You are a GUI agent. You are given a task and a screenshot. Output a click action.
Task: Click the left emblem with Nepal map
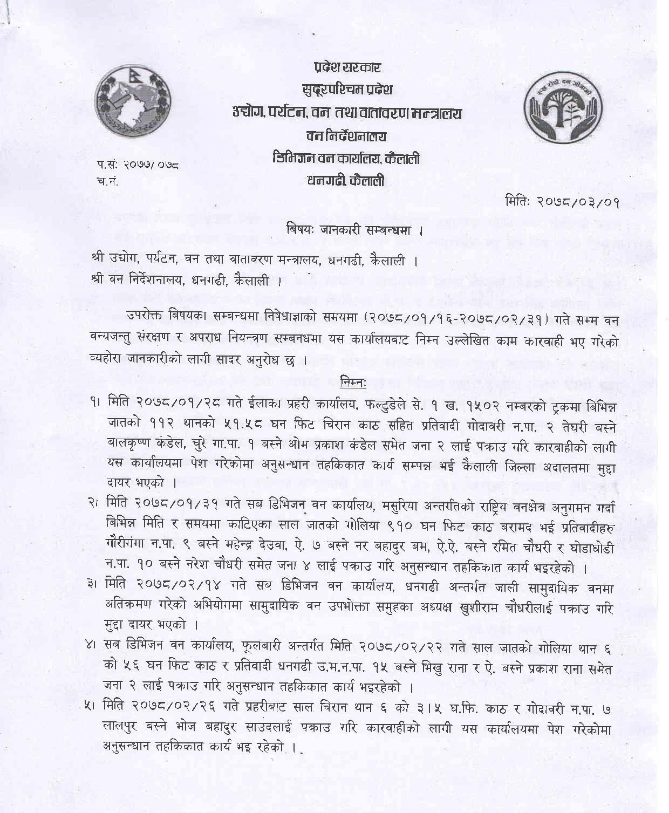[x=133, y=103]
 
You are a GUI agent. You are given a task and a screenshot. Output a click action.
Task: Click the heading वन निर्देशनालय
[x=346, y=137]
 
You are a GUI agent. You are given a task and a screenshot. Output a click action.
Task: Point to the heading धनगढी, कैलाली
[x=346, y=181]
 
